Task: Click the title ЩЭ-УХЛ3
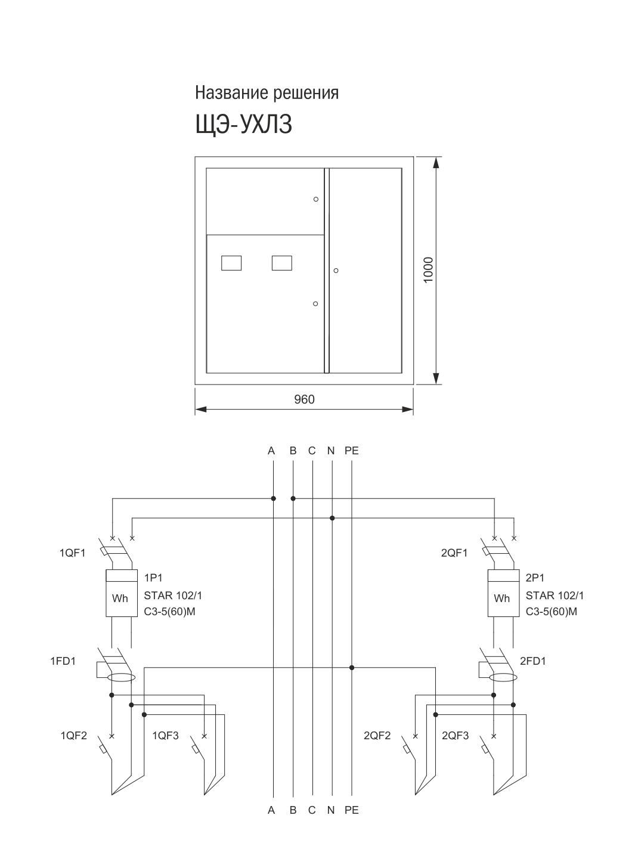[x=243, y=125]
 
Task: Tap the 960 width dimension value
[x=304, y=399]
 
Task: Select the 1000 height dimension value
[x=428, y=270]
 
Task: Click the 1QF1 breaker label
[x=73, y=553]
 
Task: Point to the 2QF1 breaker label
[x=454, y=553]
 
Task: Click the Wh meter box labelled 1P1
[x=122, y=593]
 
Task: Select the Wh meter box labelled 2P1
[x=503, y=593]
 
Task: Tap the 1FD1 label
[x=63, y=661]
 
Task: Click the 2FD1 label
[x=533, y=661]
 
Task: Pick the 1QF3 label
[x=166, y=736]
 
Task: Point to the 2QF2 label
[x=377, y=736]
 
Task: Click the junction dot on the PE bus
[x=352, y=668]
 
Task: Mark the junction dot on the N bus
[x=332, y=518]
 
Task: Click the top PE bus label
[x=352, y=451]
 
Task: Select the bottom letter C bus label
[x=312, y=810]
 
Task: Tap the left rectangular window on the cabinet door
[x=231, y=263]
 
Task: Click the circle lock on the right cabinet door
[x=336, y=271]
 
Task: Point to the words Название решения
[x=267, y=93]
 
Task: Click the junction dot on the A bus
[x=274, y=498]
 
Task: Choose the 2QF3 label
[x=456, y=736]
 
